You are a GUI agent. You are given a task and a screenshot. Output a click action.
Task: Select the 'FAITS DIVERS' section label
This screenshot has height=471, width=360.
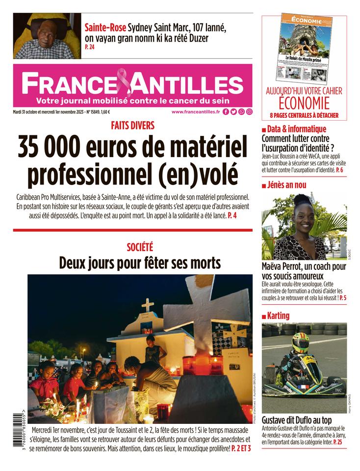[x=132, y=126]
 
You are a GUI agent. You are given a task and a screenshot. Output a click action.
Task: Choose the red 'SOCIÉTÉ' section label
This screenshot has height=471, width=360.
[x=140, y=248]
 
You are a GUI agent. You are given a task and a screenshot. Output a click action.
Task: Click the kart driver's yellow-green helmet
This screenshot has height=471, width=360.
[x=300, y=342]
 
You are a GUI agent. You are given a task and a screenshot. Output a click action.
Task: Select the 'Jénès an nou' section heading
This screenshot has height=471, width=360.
[x=287, y=185]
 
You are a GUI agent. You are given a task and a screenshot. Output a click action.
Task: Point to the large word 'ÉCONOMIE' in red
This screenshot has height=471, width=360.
[x=304, y=104]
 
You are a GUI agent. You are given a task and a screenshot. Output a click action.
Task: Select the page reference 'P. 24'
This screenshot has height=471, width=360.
[x=90, y=47]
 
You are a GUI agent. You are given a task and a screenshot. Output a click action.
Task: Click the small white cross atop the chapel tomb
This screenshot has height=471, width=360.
[x=147, y=305]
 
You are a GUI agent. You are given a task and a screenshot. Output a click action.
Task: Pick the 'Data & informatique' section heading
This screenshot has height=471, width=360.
[x=297, y=129]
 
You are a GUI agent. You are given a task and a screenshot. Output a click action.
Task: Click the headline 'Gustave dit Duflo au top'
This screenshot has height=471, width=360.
[x=296, y=420]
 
